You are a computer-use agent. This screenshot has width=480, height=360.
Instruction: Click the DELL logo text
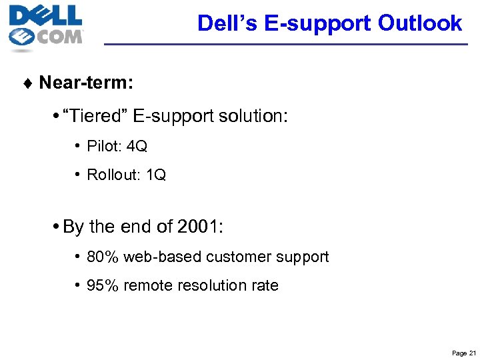[x=45, y=15]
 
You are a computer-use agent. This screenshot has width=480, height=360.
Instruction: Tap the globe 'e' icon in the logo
[x=22, y=37]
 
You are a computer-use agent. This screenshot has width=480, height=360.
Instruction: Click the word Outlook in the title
[x=419, y=23]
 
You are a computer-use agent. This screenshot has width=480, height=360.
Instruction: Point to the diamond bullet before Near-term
[x=29, y=83]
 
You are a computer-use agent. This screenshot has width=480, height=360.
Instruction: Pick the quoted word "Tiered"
[x=94, y=117]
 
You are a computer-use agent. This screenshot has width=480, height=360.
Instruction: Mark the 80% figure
[x=100, y=257]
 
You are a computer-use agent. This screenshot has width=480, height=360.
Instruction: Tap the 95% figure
[x=100, y=286]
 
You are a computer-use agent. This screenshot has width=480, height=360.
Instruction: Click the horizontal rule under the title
[x=287, y=44]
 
